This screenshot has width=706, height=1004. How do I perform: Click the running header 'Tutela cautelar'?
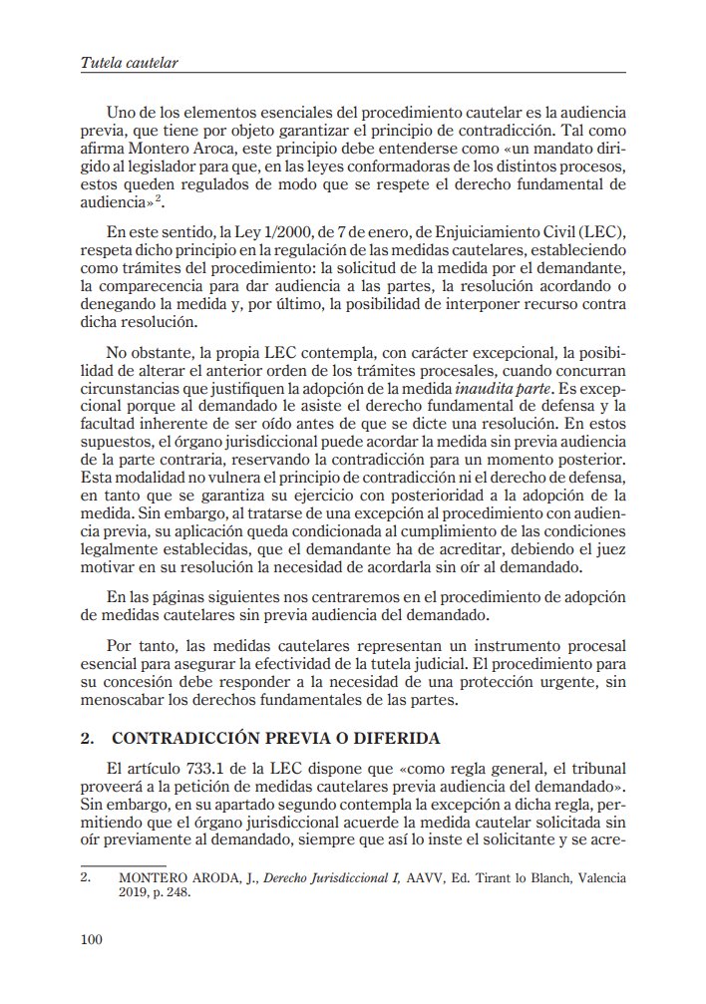click(x=129, y=63)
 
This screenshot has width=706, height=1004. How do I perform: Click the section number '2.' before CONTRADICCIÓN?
click(x=86, y=739)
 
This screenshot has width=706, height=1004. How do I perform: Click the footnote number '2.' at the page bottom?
click(x=85, y=878)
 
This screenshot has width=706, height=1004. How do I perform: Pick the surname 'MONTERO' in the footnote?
click(x=150, y=878)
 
